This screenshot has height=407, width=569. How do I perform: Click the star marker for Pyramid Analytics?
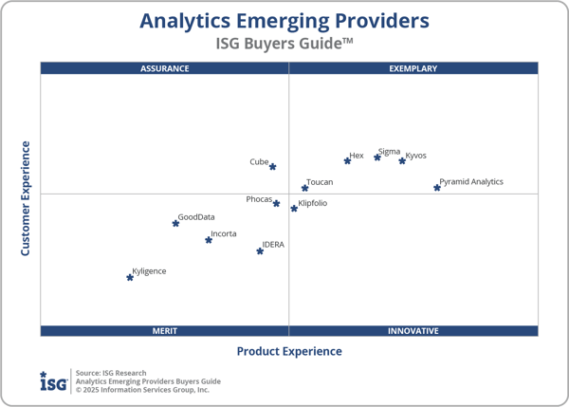(437, 188)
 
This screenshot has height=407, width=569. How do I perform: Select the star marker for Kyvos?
(402, 160)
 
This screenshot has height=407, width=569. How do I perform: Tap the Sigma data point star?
(377, 157)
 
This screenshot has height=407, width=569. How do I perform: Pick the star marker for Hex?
(347, 160)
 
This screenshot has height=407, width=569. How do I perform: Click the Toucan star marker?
(304, 188)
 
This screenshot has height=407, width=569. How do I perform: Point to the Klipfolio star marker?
(294, 208)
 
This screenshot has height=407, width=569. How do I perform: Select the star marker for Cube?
(273, 167)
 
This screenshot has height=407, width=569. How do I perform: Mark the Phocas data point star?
(277, 203)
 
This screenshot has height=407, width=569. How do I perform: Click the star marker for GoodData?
(175, 223)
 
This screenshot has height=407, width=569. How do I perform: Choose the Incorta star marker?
(209, 240)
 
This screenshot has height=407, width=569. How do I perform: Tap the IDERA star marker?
(260, 251)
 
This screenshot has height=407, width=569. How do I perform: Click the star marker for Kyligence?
(130, 277)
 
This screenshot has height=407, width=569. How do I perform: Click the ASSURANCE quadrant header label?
(165, 68)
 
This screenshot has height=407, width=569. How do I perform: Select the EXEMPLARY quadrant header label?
(413, 68)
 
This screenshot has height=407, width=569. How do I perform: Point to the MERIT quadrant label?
(165, 331)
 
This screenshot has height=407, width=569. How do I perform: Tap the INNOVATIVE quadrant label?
(413, 331)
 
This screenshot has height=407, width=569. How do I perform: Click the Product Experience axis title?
(289, 352)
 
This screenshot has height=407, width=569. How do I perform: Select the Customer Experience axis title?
(26, 198)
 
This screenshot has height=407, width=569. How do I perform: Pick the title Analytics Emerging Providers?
(284, 21)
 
